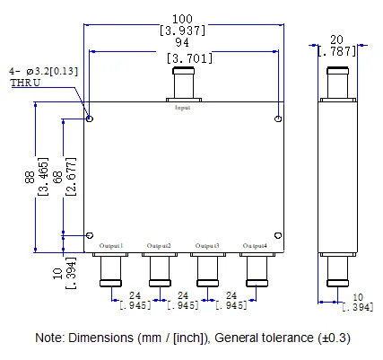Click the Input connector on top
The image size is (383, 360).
pyautogui.click(x=182, y=88)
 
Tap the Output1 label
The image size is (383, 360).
pyautogui.click(x=109, y=245)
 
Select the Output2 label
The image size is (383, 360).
pyautogui.click(x=159, y=245)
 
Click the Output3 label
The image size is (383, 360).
pyautogui.click(x=207, y=245)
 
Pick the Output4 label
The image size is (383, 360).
pyautogui.click(x=255, y=245)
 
